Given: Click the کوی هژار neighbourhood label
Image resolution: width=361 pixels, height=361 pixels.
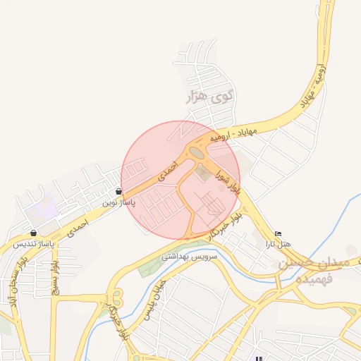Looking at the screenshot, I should (208, 97).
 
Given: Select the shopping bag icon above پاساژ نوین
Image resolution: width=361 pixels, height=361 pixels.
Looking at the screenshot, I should (118, 192).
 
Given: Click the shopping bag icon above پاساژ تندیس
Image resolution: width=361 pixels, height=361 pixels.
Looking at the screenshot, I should (34, 233).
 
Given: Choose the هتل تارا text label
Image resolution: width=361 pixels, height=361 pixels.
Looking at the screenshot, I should (278, 244).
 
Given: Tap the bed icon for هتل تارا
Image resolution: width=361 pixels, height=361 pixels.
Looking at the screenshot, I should (278, 233).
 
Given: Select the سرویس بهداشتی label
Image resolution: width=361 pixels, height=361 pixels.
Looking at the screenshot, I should (190, 256).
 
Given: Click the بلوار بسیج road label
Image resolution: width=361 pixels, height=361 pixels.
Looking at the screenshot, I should (55, 277).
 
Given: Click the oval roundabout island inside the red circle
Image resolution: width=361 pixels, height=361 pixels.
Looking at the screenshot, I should (196, 152).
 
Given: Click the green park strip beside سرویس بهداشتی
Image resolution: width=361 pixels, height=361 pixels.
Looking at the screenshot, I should (152, 267).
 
